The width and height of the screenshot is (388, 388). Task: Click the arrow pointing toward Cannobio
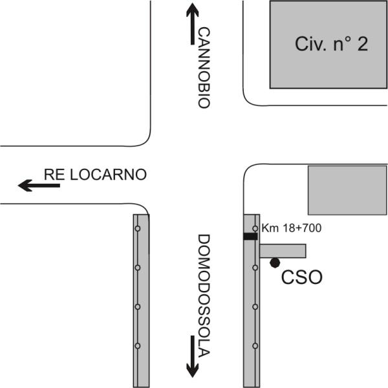[x=193, y=24]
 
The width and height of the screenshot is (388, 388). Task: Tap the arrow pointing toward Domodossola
[x=193, y=356]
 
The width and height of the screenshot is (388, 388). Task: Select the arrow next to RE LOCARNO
[x=39, y=186]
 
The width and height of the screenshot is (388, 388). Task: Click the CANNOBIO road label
[x=204, y=67]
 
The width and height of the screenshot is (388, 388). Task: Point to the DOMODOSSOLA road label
[x=204, y=296]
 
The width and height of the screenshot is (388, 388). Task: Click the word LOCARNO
[x=109, y=175]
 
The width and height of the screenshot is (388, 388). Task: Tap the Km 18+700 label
[x=292, y=228]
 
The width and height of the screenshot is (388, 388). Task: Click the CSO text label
[x=302, y=277]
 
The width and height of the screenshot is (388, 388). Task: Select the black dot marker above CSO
[x=275, y=263]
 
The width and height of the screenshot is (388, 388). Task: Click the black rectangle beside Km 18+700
[x=250, y=236]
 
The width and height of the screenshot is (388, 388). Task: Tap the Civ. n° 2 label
[x=331, y=44]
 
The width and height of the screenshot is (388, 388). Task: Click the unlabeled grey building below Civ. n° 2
[x=347, y=190]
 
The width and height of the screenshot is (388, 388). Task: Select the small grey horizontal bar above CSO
[x=283, y=251]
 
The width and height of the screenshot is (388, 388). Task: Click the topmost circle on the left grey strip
[x=138, y=228]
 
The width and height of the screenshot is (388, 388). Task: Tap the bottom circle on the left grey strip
[x=138, y=346]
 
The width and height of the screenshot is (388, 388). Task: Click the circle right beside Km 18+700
[x=255, y=228]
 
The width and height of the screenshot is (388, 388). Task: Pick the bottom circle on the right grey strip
[x=255, y=346]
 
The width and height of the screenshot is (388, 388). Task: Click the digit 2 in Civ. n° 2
[x=362, y=44]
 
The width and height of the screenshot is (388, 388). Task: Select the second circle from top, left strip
[x=138, y=268]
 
